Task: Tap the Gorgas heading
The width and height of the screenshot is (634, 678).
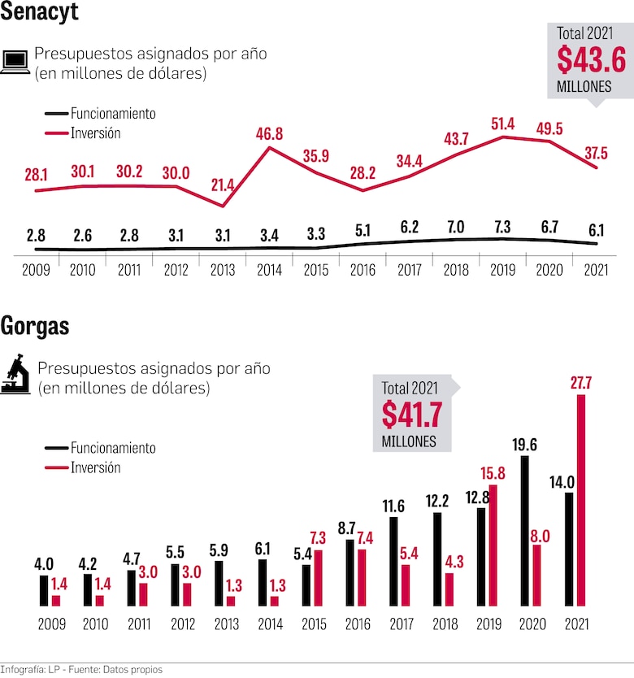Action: [x=35, y=327]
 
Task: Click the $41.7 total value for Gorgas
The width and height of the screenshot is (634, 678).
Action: [x=412, y=415]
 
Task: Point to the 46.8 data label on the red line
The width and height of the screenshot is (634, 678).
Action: [x=269, y=134]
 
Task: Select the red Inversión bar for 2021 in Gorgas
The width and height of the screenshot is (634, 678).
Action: [x=581, y=500]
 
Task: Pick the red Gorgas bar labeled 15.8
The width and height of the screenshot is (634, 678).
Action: [x=493, y=545]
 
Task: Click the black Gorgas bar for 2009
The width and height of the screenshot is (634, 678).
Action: [x=44, y=590]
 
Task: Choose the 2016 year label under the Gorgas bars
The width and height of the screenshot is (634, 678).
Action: [x=357, y=625]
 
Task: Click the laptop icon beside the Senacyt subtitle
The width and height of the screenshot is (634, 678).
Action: [x=15, y=63]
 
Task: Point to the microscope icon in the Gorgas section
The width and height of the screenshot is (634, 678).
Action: [x=15, y=375]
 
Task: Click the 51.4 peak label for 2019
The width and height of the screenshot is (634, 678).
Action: [x=502, y=124]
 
